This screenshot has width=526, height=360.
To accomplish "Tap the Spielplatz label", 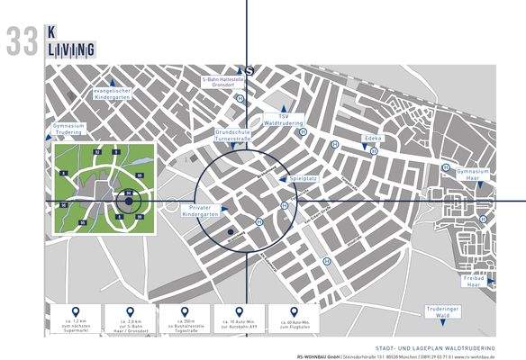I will pyautogui.click(x=304, y=179).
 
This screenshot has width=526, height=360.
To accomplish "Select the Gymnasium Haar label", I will pyautogui.click(x=474, y=172).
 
